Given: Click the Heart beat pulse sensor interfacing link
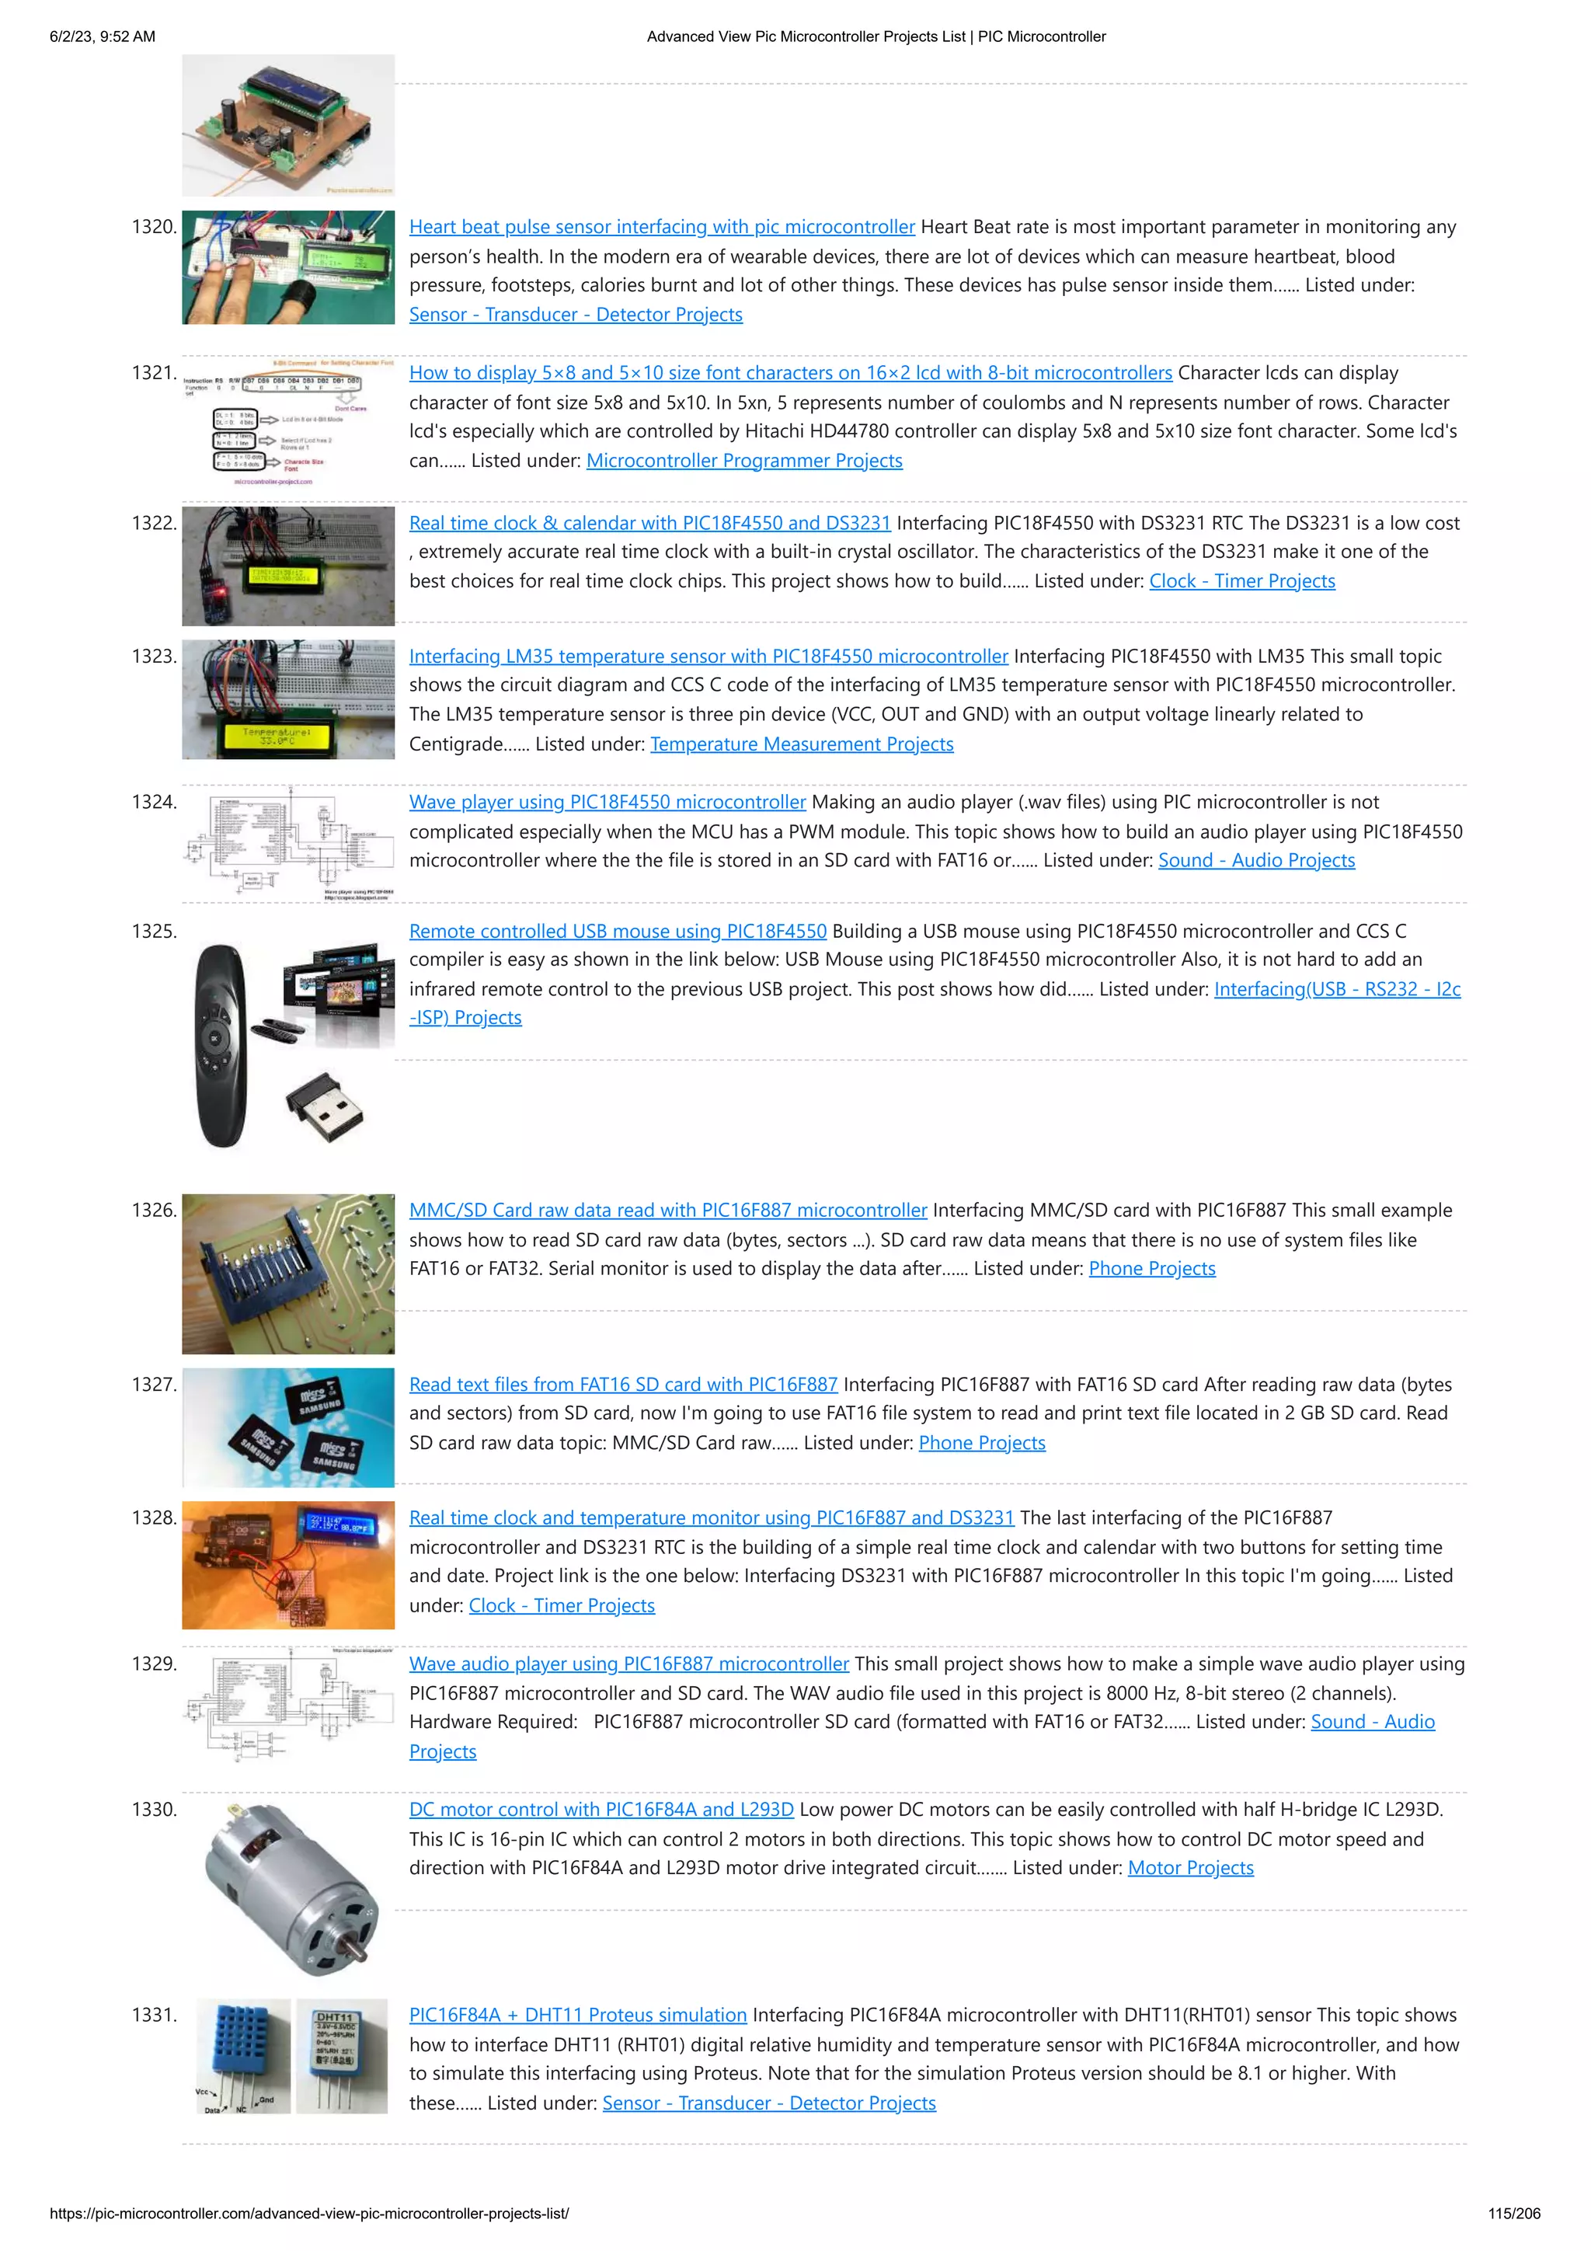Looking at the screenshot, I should (662, 226).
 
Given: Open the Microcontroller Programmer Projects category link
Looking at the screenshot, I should (744, 460).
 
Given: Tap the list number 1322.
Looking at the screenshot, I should (154, 523).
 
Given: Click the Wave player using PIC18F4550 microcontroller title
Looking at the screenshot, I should (607, 801).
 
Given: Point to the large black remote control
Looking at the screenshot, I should (221, 1044).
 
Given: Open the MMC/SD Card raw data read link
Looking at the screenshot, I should (667, 1210).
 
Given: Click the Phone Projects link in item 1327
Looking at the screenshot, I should (981, 1442).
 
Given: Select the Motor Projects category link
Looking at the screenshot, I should (1190, 1868).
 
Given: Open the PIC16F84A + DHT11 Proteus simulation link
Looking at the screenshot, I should (577, 2015).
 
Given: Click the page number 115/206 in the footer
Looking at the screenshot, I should (1513, 2213).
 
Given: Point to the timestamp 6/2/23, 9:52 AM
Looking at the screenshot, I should (102, 37).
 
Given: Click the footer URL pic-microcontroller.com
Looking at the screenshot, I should (308, 2213).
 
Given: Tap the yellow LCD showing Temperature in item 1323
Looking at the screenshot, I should (277, 735).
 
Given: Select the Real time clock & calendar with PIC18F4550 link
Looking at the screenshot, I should (649, 523).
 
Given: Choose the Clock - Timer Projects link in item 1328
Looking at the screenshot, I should (562, 1605).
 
